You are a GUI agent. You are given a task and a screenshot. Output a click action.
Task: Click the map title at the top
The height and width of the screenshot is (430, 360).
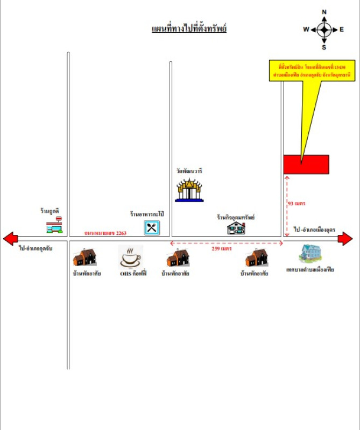click(x=189, y=28)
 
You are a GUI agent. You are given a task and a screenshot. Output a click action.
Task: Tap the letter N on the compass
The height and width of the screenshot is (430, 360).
click(x=324, y=12)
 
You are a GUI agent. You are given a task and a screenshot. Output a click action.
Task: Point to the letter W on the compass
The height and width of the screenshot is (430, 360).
click(x=306, y=30)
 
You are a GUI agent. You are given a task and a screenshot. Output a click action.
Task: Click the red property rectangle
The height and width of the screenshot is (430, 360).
click(x=306, y=164)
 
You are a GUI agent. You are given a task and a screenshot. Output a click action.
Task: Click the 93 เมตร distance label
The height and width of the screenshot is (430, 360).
click(x=297, y=204)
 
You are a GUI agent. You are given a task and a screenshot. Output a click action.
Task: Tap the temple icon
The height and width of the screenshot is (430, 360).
click(x=190, y=190)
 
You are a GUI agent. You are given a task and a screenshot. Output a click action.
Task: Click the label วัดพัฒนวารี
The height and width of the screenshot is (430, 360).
click(x=189, y=171)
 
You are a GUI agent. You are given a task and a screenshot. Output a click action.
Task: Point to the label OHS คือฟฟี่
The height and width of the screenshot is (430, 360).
click(x=131, y=274)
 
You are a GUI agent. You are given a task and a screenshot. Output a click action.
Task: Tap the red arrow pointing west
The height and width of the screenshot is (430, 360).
click(x=11, y=238)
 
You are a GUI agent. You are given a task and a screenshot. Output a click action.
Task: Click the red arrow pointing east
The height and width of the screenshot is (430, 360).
click(x=345, y=238)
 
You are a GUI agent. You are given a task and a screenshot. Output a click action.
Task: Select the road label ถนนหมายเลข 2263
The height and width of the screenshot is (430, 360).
click(x=105, y=233)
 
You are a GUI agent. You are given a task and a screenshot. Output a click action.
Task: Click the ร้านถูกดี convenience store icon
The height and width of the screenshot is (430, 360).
click(x=54, y=225)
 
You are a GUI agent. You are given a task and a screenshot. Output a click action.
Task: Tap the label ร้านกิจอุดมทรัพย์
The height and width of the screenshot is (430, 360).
click(x=236, y=218)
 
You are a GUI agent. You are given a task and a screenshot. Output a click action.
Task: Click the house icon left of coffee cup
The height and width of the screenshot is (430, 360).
click(x=84, y=257)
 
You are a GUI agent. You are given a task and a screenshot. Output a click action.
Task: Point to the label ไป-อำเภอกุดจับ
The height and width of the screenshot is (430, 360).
click(x=36, y=248)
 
